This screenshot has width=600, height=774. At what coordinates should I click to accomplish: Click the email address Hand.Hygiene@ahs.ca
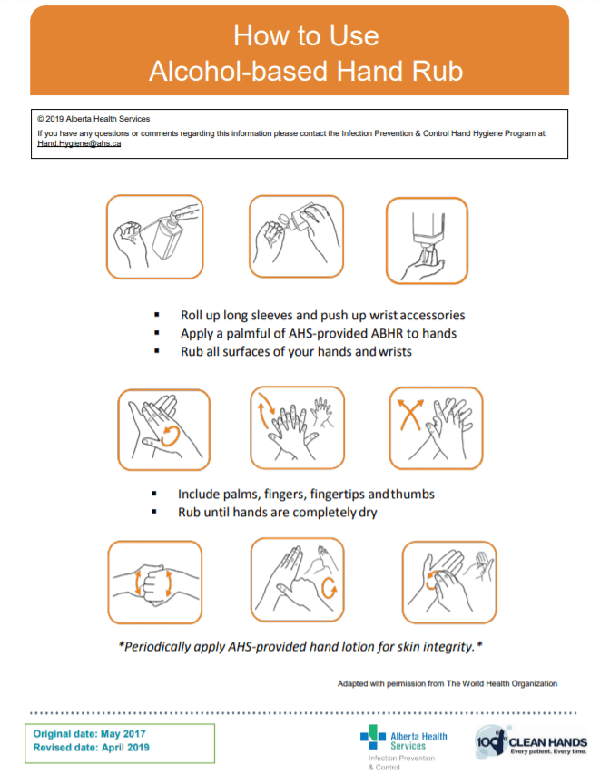point(79,143)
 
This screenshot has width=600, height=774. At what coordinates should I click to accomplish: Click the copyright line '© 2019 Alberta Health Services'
point(93,119)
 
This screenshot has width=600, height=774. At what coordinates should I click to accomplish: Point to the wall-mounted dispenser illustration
point(427,236)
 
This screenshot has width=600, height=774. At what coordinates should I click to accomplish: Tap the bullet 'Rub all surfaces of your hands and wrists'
point(296,351)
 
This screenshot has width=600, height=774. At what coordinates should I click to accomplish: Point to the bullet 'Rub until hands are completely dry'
point(277,513)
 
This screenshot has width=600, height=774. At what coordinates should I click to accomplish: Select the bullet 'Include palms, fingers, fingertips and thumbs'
point(306,495)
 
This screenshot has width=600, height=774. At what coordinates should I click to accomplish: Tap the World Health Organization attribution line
point(447,683)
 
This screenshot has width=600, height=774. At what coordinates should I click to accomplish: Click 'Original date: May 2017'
point(89,733)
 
